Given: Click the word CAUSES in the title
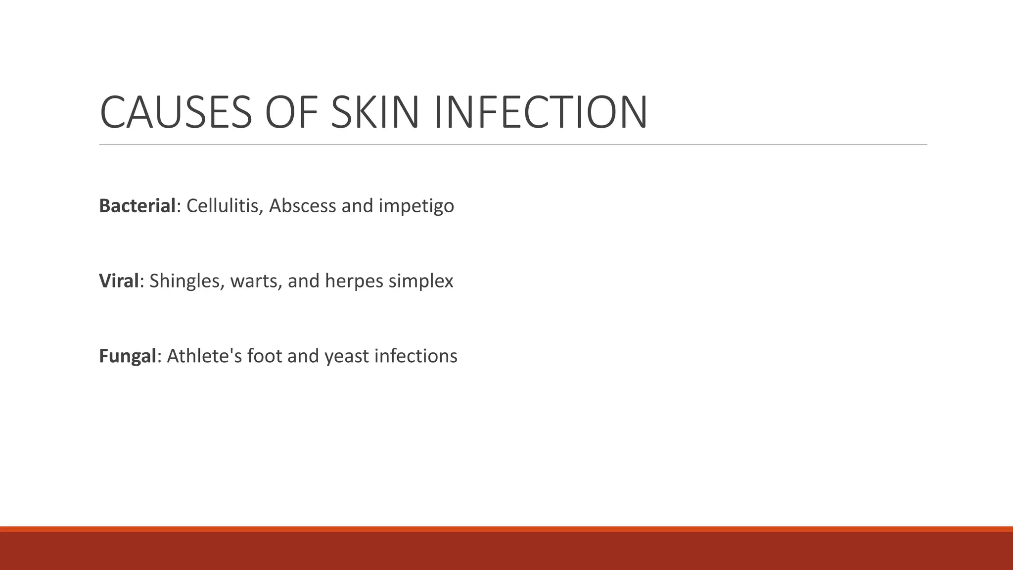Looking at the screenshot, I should click(176, 112).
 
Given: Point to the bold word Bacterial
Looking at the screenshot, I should click(137, 206).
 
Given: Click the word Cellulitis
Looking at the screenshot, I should click(223, 206).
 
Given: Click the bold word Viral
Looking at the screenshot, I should click(119, 281).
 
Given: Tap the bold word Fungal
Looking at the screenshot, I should click(128, 357).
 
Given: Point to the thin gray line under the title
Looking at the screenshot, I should click(513, 144).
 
